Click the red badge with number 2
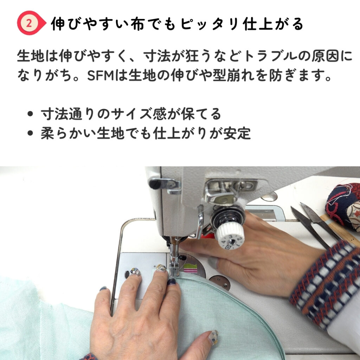31,23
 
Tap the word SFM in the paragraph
101,76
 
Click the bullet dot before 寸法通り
30,114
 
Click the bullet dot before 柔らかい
30,133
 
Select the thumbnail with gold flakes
213,337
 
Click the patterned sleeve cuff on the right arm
325,285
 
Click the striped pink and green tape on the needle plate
190,268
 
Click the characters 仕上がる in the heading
273,24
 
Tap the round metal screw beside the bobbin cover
220,282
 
